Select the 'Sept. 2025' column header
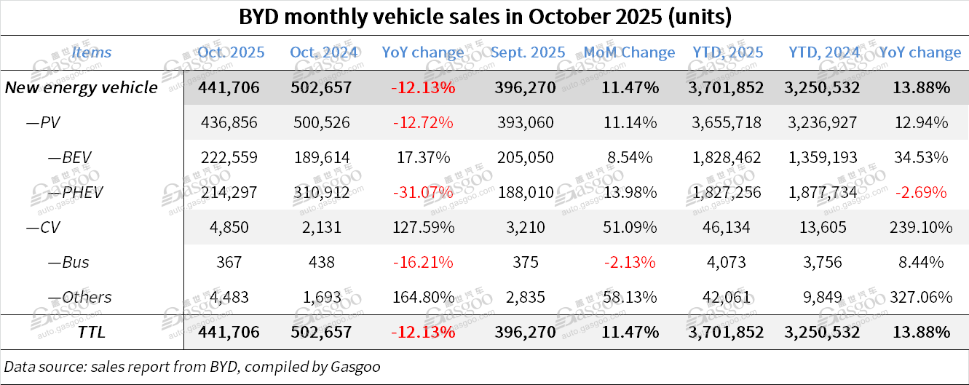528,52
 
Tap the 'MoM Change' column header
629,52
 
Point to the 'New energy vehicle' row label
81,87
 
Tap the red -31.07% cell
422,192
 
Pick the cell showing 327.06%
920,297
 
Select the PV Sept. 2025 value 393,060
528,122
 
